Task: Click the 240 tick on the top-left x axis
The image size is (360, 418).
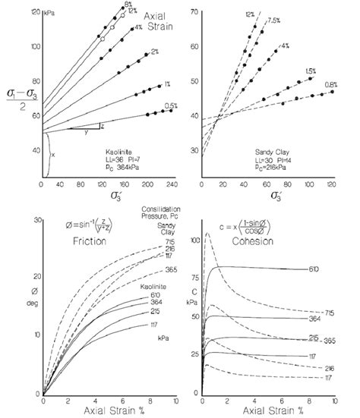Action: click(176, 184)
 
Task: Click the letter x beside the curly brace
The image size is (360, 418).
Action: click(53, 154)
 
